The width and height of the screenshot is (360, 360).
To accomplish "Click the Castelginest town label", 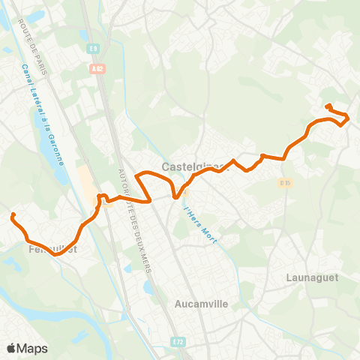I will click(x=190, y=166).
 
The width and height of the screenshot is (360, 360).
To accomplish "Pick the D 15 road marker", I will click(x=285, y=182).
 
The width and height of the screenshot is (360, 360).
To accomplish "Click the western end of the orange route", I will click(x=12, y=216).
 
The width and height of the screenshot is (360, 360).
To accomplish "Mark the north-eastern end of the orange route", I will click(x=328, y=106).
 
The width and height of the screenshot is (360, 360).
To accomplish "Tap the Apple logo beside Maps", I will click(x=11, y=348).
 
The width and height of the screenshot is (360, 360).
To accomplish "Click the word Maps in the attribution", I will click(x=32, y=348).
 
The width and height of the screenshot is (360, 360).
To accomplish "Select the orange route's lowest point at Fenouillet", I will click(x=56, y=254).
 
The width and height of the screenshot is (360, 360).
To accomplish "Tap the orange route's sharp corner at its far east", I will click(x=349, y=117).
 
